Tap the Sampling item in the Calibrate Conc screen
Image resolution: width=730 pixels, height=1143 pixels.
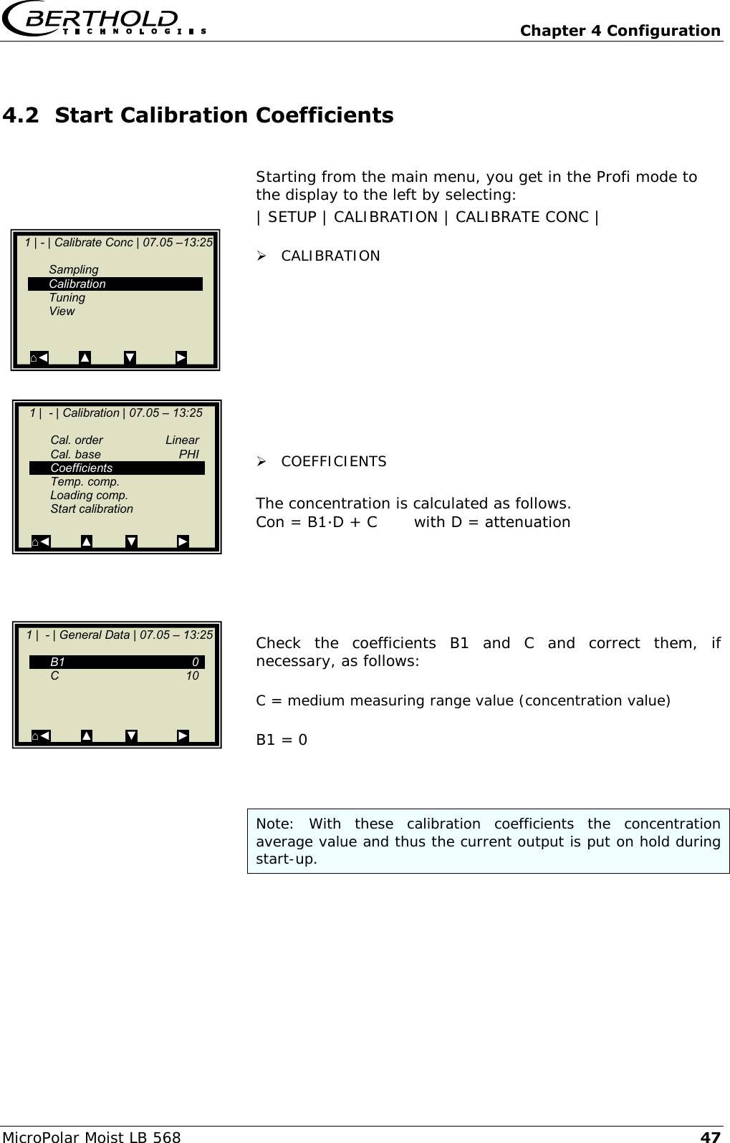coord(74,270)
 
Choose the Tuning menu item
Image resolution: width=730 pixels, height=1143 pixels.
coord(67,298)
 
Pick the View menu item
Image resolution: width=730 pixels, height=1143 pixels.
coord(62,312)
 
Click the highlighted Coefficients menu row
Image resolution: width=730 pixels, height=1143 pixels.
coord(117,468)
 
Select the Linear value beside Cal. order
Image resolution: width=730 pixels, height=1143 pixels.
coord(182,440)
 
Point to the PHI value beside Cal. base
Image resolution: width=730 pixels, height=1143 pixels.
coord(188,454)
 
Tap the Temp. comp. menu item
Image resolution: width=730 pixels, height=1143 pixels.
coord(85,482)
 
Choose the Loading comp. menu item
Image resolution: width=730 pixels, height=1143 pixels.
coord(89,496)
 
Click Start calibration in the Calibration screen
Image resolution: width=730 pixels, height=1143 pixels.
coord(92,509)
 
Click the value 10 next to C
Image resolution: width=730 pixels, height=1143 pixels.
coord(192,676)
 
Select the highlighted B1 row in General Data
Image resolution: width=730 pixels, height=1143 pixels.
coord(117,662)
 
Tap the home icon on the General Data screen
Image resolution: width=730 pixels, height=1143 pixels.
coord(35,736)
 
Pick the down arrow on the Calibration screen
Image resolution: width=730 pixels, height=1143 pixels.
coord(131,541)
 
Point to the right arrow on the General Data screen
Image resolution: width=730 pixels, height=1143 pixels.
coord(183,736)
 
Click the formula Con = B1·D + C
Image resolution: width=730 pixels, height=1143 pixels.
coord(317,522)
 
